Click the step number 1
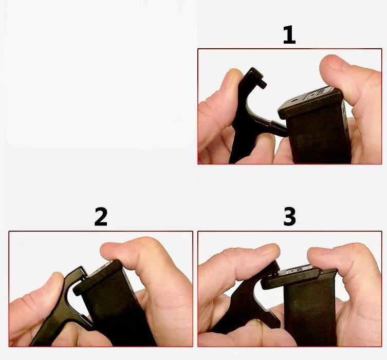point(289,35)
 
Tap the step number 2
point(101,217)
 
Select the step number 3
point(289,217)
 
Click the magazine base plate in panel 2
point(99,279)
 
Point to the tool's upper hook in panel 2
point(79,274)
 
